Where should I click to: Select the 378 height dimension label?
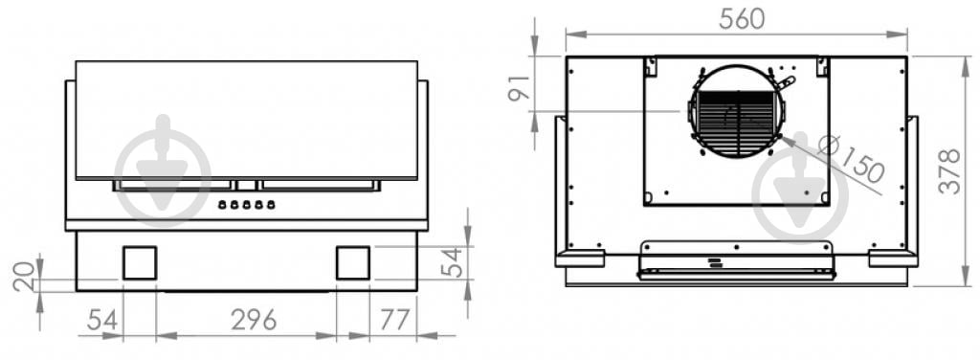[949, 171]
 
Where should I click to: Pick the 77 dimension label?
[393, 320]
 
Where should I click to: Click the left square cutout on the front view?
[140, 262]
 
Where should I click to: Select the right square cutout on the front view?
[352, 262]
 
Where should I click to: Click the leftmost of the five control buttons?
[222, 204]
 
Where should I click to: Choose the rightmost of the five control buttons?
[271, 204]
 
